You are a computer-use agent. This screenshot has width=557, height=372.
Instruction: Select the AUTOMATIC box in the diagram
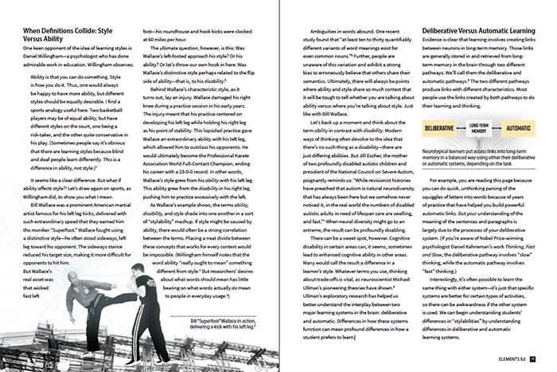518,151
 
